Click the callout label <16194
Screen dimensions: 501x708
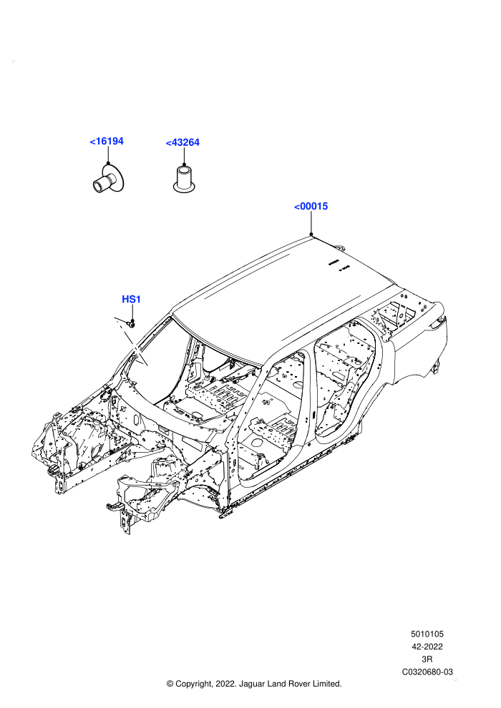point(107,142)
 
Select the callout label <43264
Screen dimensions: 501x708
point(183,143)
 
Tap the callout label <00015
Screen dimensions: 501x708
point(311,207)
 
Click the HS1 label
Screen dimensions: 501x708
point(132,299)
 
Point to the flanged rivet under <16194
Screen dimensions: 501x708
point(108,180)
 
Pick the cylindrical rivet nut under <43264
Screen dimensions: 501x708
point(185,179)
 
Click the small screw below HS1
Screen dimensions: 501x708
point(132,323)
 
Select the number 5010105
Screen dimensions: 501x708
point(427,634)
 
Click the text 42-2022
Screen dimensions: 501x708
point(427,646)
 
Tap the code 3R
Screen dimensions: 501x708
point(427,659)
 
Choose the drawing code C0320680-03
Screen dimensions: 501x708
point(427,672)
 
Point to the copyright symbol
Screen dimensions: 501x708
point(170,684)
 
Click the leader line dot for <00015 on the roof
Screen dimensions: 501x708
point(311,233)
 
